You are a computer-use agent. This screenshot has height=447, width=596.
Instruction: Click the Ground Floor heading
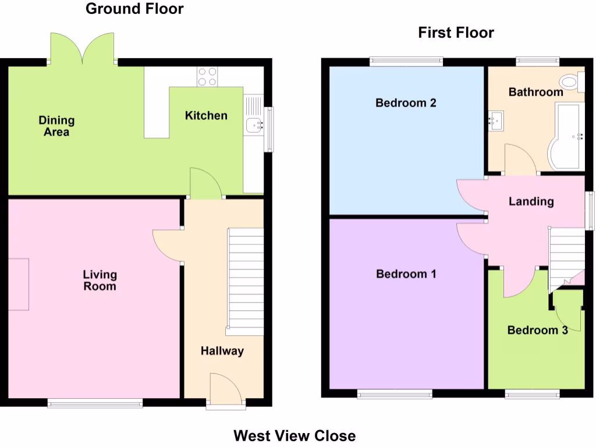tap(134, 9)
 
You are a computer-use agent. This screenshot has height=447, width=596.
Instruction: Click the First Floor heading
tap(456, 33)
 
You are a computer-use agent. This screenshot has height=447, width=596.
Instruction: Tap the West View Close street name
tap(295, 435)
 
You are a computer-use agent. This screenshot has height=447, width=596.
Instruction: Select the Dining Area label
tap(56, 126)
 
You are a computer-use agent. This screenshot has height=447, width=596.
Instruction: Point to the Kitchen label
tap(206, 115)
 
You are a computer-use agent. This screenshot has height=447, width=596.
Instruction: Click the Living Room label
tap(100, 280)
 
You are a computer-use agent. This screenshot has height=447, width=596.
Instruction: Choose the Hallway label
tap(222, 351)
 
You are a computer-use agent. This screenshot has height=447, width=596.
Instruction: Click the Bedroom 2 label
tap(406, 103)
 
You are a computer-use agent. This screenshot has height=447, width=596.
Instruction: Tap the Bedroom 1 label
tap(406, 274)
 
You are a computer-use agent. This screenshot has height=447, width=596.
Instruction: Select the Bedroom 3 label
tap(537, 330)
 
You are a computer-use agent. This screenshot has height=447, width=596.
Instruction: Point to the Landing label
tap(531, 201)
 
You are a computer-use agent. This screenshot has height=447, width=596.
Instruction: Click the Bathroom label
tap(535, 92)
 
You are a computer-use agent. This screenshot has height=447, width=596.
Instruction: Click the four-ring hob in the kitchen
tap(207, 77)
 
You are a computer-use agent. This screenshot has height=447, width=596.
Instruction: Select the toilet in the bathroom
tap(570, 83)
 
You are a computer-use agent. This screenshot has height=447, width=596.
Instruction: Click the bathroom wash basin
tap(495, 121)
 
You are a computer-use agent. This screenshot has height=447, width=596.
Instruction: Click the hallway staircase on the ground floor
tap(244, 282)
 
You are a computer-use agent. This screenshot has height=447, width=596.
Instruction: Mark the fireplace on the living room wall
tap(19, 284)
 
